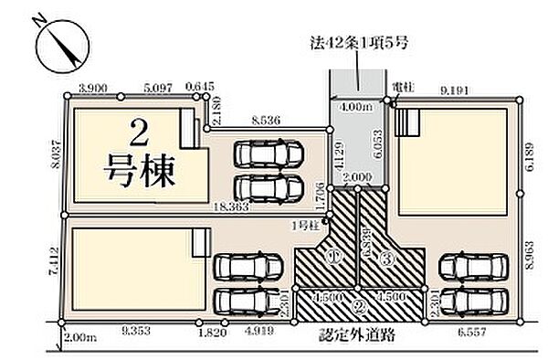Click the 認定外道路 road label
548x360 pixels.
[x=356, y=335]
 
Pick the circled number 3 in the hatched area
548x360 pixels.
[x=386, y=259]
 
